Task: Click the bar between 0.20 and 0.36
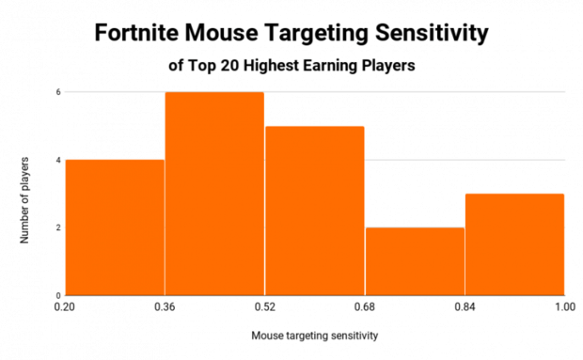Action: point(114,227)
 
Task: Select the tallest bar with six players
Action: point(214,194)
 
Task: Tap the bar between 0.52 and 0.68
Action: point(314,211)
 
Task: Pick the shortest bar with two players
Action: point(415,261)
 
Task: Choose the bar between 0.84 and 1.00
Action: point(514,244)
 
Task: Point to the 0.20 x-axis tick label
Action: point(65,306)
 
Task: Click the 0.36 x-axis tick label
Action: point(165,306)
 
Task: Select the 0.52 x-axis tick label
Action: point(264,306)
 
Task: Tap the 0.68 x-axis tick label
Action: point(365,306)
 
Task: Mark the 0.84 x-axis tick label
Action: point(465,306)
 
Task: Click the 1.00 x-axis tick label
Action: point(564,306)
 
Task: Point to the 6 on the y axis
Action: point(57,92)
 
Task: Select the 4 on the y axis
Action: point(57,160)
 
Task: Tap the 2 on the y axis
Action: point(57,227)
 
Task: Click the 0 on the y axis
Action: point(57,295)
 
